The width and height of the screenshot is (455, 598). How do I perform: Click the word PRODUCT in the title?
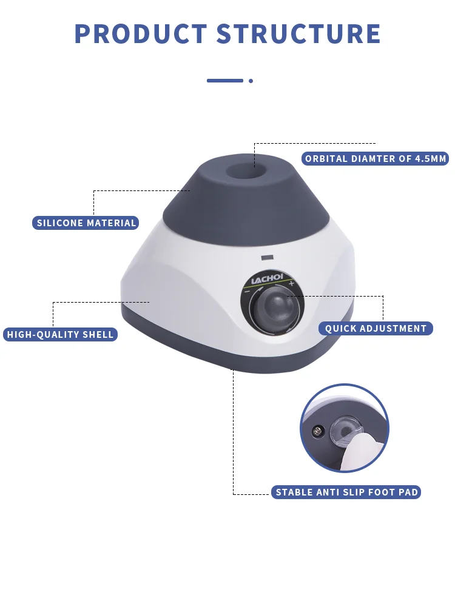click(141, 34)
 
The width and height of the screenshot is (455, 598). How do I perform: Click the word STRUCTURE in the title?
click(298, 34)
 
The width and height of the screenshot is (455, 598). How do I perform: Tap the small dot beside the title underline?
click(251, 81)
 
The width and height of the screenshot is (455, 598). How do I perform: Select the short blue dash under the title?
click(224, 81)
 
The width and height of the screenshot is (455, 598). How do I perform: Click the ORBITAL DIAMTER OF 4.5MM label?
click(376, 159)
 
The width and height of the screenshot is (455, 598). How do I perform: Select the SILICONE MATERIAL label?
click(86, 223)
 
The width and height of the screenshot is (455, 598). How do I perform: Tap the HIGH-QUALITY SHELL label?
click(60, 334)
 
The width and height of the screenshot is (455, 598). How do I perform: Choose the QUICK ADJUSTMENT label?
click(376, 329)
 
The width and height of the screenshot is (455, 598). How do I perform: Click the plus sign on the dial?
click(292, 284)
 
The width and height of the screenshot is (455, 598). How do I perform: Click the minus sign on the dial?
click(248, 291)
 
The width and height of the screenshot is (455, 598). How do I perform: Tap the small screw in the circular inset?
click(315, 432)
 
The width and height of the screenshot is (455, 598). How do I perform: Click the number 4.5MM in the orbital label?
click(430, 159)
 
